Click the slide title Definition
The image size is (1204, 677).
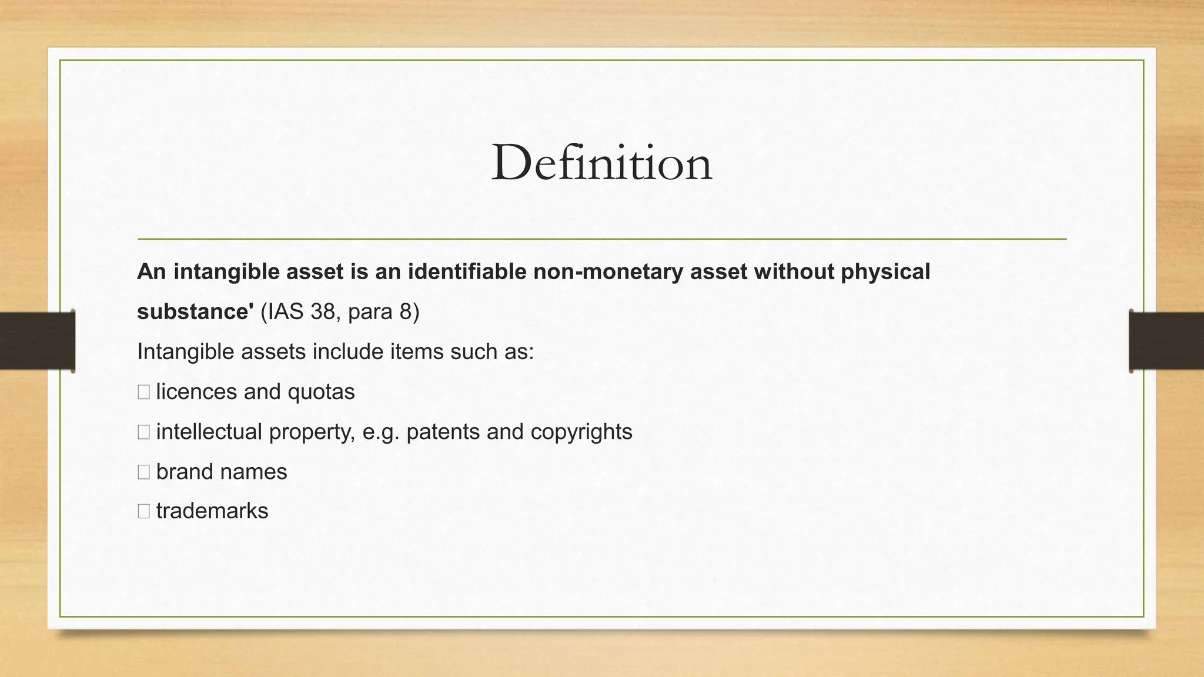click(x=601, y=163)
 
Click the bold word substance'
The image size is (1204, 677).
click(x=195, y=311)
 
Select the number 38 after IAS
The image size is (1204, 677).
click(x=323, y=311)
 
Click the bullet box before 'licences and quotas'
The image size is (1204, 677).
click(x=143, y=392)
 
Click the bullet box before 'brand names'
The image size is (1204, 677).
click(x=143, y=472)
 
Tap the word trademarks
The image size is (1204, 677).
click(x=212, y=511)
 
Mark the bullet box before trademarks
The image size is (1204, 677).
click(x=143, y=511)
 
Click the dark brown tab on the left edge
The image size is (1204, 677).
click(x=37, y=341)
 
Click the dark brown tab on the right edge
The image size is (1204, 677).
click(x=1166, y=341)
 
